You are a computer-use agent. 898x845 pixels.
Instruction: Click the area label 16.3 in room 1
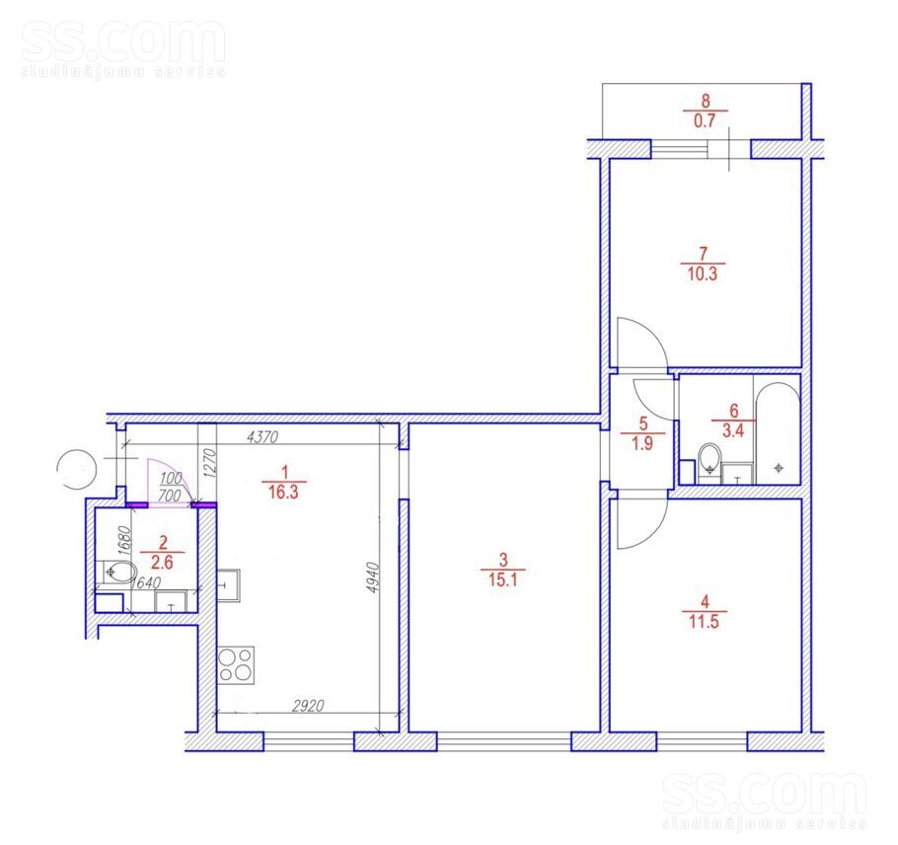[x=283, y=493]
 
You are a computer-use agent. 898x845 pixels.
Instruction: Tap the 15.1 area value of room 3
[x=503, y=579]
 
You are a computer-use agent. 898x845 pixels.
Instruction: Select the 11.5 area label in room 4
[x=704, y=622]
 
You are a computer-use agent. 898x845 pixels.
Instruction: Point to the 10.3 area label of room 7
[x=703, y=273]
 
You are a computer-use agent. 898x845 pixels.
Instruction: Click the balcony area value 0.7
[x=705, y=120]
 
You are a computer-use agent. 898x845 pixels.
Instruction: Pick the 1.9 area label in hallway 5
[x=642, y=443]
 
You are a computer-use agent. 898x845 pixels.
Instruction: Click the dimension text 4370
[x=262, y=437]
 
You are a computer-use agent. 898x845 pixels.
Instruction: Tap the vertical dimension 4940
[x=373, y=576]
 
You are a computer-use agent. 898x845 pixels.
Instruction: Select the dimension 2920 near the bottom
[x=308, y=706]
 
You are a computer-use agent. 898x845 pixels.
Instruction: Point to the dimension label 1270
[x=210, y=463]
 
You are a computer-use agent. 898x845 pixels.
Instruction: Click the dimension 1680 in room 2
[x=125, y=539]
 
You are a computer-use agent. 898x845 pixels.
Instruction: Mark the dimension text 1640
[x=146, y=582]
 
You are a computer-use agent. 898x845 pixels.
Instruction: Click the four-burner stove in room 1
[x=236, y=664]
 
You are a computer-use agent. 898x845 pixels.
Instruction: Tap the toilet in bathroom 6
[x=711, y=459]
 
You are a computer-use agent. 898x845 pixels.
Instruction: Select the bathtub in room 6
[x=778, y=433]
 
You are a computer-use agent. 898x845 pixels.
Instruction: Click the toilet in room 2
[x=119, y=572]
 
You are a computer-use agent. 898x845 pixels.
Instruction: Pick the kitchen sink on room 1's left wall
[x=229, y=584]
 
